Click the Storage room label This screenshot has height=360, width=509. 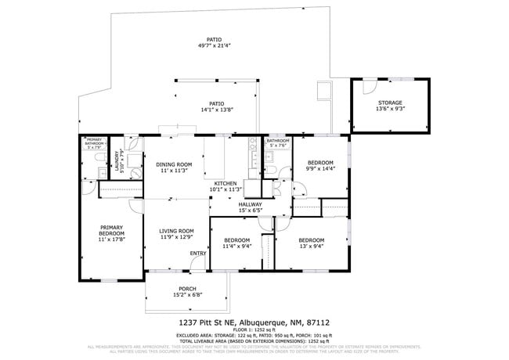(x=389, y=103)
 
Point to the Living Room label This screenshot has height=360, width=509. (x=176, y=231)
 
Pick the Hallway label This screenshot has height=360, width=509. (x=251, y=204)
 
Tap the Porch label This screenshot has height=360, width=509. (x=186, y=288)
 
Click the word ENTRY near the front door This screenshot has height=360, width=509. (x=198, y=253)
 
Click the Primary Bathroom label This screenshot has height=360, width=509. (x=95, y=142)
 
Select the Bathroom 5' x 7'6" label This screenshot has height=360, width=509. (x=278, y=142)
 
